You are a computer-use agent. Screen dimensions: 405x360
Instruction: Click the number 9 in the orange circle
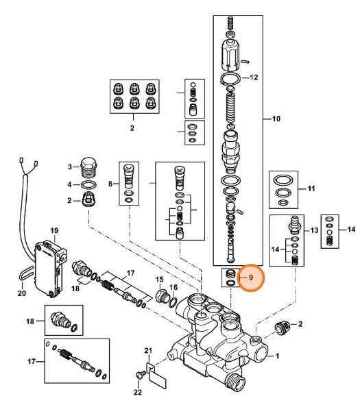tap(251, 278)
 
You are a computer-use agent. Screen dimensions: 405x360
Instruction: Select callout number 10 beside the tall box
tap(277, 120)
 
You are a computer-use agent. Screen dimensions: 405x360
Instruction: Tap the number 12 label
tap(254, 77)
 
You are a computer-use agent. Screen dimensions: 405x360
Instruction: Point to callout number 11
tap(310, 188)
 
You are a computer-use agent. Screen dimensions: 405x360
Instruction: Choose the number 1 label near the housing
tap(278, 356)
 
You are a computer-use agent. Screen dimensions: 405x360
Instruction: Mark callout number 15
tap(159, 280)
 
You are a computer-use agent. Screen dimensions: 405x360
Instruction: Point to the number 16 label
tap(173, 286)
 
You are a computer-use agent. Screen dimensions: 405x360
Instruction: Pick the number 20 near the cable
tap(21, 294)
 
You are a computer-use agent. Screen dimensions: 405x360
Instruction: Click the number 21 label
tap(147, 351)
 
